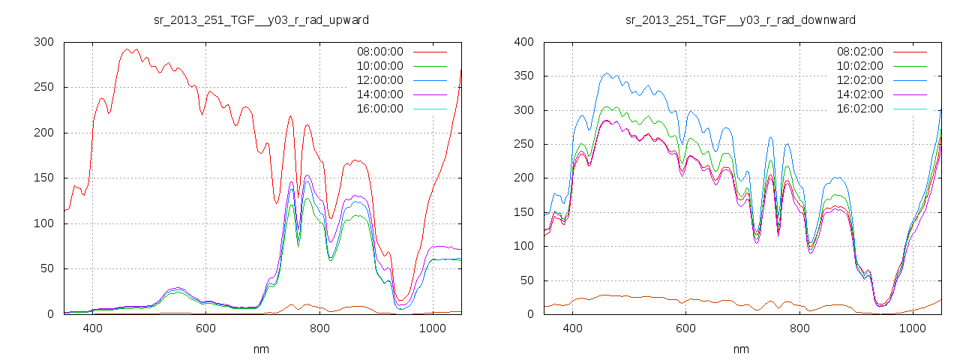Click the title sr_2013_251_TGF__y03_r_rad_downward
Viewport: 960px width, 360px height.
tap(740, 19)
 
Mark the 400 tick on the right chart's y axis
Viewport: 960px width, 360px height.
tap(523, 42)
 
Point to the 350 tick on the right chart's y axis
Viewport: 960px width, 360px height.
tap(523, 76)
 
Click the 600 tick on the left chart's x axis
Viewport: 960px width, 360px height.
tap(205, 328)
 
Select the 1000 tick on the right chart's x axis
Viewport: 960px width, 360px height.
tap(912, 328)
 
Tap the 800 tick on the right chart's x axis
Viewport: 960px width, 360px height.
tap(799, 328)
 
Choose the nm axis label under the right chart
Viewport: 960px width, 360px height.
tap(740, 349)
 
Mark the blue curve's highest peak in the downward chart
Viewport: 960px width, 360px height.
tap(607, 73)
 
